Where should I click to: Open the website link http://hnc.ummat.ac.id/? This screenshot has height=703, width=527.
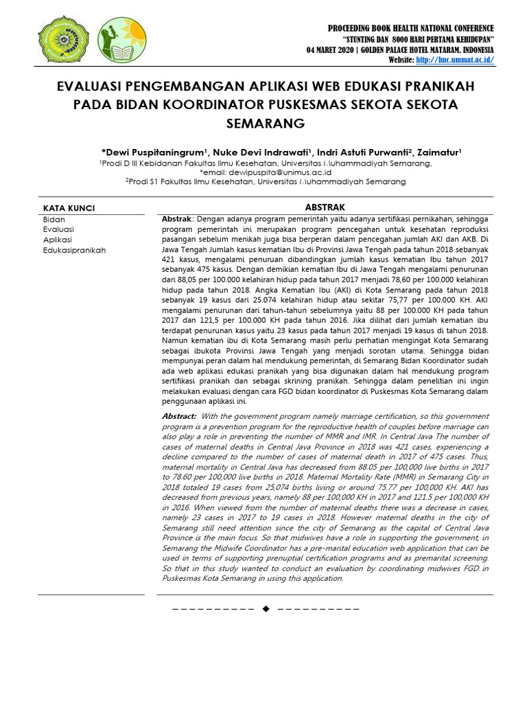(454, 60)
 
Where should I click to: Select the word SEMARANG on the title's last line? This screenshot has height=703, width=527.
(263, 124)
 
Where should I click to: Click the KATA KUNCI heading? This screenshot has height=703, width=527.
(69, 208)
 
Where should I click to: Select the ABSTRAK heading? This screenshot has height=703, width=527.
(325, 207)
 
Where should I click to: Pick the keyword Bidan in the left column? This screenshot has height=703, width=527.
(54, 219)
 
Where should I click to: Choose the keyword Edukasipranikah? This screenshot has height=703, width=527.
(75, 251)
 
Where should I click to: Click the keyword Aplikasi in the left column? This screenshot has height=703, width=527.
(58, 240)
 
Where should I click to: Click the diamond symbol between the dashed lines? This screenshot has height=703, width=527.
(266, 608)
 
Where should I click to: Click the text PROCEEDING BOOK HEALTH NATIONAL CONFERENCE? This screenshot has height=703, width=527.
(410, 28)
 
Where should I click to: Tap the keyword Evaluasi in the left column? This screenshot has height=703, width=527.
(58, 229)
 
